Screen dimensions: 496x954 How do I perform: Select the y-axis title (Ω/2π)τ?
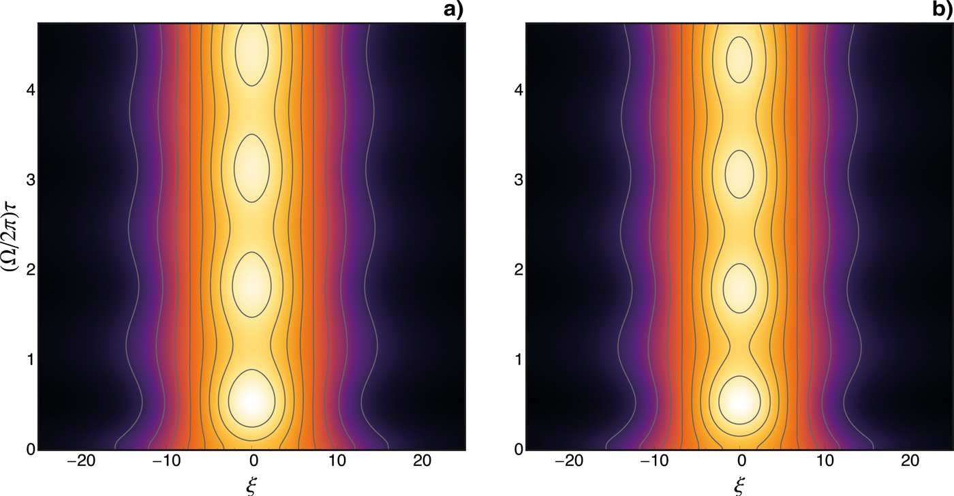(12, 236)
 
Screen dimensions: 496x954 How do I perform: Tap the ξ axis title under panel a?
(252, 484)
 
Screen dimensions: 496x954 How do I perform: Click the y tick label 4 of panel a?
(27, 90)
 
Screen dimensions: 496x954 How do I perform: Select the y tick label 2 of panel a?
(27, 270)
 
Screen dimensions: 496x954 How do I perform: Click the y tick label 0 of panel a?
(27, 450)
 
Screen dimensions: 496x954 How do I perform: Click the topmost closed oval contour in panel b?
(741, 59)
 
